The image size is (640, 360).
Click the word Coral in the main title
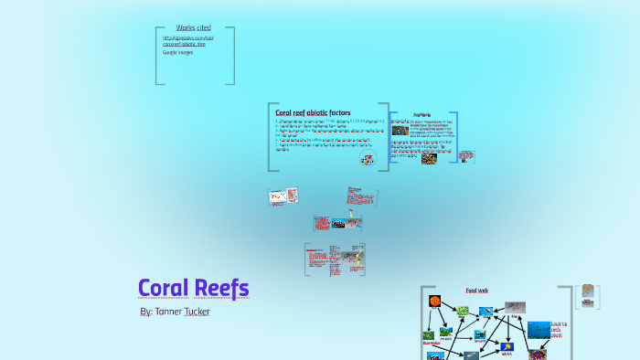point(164,288)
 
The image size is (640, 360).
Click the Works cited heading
point(192,28)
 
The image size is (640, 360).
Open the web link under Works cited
point(187,41)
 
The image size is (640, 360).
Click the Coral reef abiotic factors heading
point(313,112)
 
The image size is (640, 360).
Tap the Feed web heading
point(477,291)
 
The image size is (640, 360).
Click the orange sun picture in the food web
point(434,300)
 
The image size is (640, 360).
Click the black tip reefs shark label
point(559,329)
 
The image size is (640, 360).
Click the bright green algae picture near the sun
point(463,311)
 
